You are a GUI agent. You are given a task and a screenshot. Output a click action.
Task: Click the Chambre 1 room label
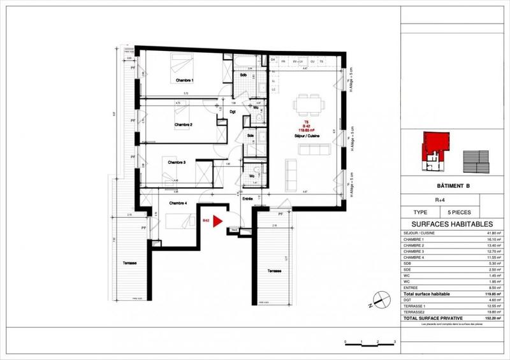point(184,80)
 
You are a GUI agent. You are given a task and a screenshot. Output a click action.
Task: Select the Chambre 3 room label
point(177,162)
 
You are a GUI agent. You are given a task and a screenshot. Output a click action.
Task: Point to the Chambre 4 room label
point(178,203)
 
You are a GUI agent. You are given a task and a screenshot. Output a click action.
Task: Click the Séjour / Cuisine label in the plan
point(306,136)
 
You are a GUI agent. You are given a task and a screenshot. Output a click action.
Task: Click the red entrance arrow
point(217,222)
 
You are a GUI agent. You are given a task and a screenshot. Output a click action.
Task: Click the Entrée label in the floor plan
point(247,199)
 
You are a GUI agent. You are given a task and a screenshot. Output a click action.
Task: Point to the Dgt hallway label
point(233,112)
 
